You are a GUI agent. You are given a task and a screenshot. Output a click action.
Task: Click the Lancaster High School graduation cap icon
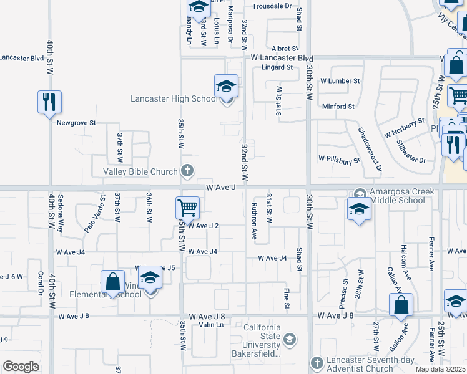tap(226, 86)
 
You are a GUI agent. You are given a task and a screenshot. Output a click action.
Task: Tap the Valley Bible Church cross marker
tap(187, 170)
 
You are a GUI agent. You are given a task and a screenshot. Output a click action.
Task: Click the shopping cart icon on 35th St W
tap(187, 208)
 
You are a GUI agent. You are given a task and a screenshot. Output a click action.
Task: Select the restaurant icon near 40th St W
tap(49, 102)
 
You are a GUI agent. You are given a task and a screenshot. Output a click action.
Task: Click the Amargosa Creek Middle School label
tap(397, 196)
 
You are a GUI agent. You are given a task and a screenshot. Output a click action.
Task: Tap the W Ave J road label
tap(220, 187)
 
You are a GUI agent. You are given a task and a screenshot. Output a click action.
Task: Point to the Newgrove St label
tap(76, 123)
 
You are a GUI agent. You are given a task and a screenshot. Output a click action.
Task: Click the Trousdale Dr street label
tap(272, 6)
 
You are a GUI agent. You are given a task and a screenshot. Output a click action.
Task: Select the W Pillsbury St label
tap(339, 160)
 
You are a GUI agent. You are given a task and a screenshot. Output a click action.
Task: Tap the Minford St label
tap(338, 107)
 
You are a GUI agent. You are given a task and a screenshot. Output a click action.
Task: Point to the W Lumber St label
tap(340, 81)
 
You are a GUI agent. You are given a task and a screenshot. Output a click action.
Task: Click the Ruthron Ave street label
tap(254, 221)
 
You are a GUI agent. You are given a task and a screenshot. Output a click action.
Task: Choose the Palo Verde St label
tap(94, 214)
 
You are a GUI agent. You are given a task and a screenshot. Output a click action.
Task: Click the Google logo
tap(21, 367)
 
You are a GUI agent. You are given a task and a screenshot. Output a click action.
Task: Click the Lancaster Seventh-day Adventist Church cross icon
tap(317, 363)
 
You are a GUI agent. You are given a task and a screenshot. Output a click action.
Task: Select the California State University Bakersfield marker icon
tap(289, 340)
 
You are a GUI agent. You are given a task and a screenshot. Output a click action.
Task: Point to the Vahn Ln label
tap(211, 325)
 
